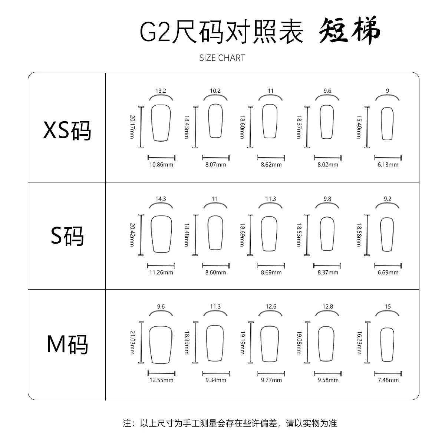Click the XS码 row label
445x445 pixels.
[x=67, y=131]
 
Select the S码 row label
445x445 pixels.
[x=67, y=236]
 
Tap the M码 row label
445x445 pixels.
[x=67, y=344]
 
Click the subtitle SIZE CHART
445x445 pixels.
[x=222, y=58]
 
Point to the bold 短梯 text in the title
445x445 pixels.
[x=349, y=30]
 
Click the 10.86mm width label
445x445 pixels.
[x=161, y=165]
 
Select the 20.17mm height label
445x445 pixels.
[x=132, y=127]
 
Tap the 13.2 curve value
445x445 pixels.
[x=161, y=91]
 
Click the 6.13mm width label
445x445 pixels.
[x=388, y=165]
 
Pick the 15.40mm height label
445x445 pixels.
[x=359, y=127]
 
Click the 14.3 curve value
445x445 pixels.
[x=161, y=199]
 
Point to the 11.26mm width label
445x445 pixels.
[x=161, y=273]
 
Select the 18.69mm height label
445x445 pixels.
[x=242, y=235]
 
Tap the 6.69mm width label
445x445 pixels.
[x=388, y=273]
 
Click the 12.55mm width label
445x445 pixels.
[x=161, y=380]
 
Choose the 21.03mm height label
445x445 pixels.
[x=132, y=343]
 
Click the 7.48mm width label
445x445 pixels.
[x=388, y=380]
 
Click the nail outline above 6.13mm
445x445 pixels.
[x=381, y=123]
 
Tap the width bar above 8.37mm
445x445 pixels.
[x=327, y=266]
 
